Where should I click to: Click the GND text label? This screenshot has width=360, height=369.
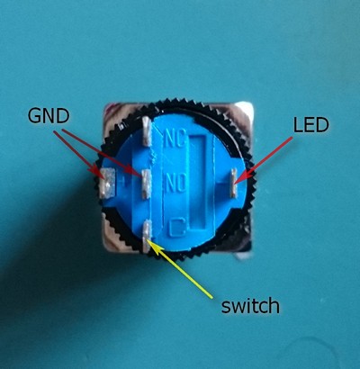point(49,116)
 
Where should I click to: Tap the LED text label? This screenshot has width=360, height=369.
point(310,125)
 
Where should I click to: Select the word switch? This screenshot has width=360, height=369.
point(250,305)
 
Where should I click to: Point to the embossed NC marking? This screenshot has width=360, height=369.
point(175,139)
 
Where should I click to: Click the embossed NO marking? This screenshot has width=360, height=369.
point(175,184)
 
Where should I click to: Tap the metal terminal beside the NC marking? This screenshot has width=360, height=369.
point(147,131)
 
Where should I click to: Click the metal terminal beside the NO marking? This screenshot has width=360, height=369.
point(146,184)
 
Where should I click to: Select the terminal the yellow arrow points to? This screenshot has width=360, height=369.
point(147,236)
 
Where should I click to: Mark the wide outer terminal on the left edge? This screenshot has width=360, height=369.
point(107,183)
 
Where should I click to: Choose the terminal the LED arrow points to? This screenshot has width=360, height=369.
point(233,183)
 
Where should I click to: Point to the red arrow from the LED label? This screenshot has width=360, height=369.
point(263,160)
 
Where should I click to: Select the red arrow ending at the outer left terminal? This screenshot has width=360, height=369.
point(80,155)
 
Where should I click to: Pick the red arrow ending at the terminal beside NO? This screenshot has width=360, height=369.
point(102,153)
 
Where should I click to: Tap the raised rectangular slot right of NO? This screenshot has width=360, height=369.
point(201,184)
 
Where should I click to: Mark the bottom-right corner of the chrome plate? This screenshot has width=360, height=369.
point(251,251)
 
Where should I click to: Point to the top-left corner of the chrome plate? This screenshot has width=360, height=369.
point(105,104)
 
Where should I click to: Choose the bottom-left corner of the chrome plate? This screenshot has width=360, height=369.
point(104,250)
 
